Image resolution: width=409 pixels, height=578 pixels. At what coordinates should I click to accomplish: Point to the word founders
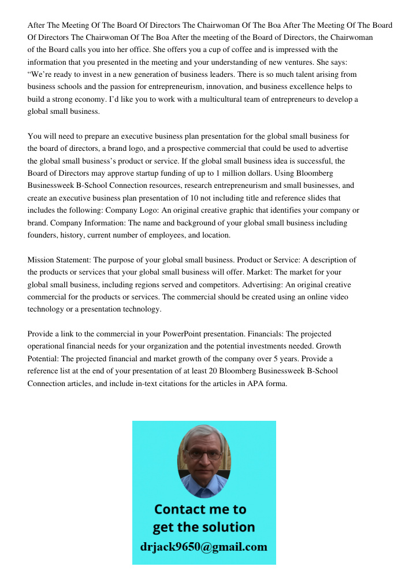(x=42, y=235)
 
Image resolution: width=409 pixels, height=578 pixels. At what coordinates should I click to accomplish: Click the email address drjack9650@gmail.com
(x=204, y=546)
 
